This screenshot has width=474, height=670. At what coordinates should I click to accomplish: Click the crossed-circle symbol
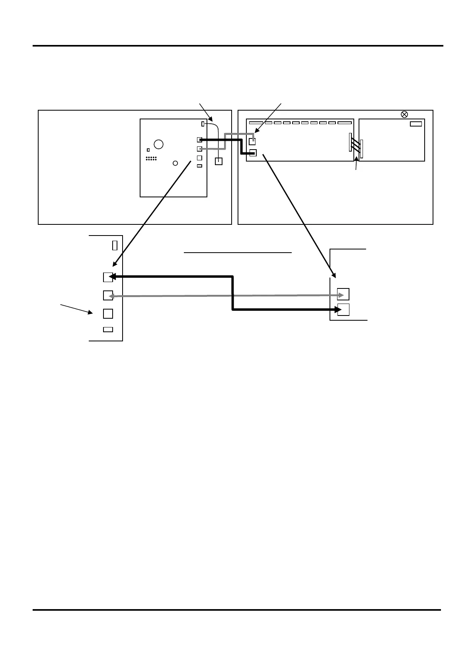point(404,115)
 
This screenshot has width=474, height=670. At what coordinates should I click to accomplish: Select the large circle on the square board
point(158,144)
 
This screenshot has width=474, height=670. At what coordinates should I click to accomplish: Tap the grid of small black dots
point(151,158)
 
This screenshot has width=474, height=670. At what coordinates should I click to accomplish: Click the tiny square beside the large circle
point(148,150)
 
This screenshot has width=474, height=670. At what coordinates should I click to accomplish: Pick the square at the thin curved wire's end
point(218,162)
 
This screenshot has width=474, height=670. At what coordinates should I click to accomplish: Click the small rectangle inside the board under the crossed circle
point(415,124)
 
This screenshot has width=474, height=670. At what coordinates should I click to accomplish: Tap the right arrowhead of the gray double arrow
point(341,295)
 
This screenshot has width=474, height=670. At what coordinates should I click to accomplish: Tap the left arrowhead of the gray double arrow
point(112,296)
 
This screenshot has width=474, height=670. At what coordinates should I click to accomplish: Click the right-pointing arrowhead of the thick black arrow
point(338,310)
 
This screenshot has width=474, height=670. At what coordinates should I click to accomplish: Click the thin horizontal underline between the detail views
point(238,252)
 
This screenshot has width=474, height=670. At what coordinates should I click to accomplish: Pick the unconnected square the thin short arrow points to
point(108,314)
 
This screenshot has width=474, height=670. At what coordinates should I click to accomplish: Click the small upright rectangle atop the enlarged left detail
point(115,245)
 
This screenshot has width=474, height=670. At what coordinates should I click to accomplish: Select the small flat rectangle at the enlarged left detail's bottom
point(108,329)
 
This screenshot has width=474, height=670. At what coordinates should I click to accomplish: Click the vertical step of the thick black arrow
point(232,293)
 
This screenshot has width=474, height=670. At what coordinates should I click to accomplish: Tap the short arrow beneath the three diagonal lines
point(356,165)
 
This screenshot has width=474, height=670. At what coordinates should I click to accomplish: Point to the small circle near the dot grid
point(175,163)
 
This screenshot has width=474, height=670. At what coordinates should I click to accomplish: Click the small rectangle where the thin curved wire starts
point(203,124)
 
